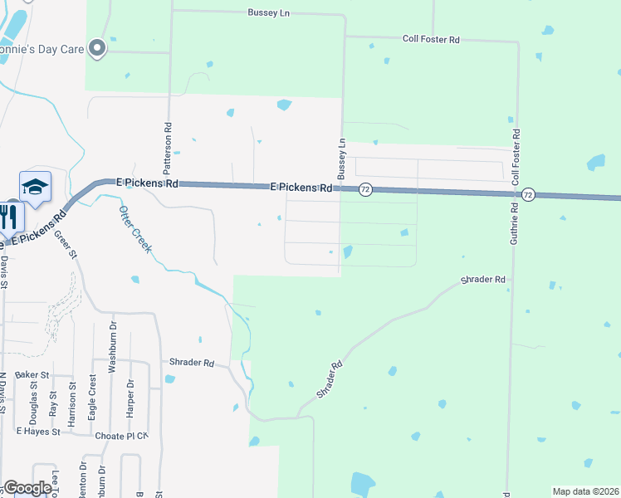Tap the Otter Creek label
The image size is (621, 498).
134,230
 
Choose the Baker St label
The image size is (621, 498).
32,375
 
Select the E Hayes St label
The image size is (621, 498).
38,432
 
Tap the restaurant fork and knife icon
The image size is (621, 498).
10,217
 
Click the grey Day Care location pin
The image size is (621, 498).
97,49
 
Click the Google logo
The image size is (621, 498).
27,488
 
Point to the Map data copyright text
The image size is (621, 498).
585,491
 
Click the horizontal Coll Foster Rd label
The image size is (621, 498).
430,39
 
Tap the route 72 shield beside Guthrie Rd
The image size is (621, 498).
528,194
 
